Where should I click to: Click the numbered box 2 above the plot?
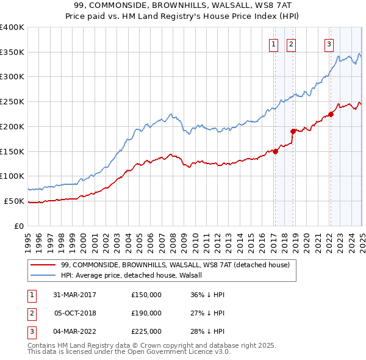[x=291, y=43]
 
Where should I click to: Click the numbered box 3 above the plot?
[x=329, y=43]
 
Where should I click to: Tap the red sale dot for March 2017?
[x=275, y=152]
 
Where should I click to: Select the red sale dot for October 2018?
[x=293, y=131]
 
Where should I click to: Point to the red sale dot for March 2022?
[x=331, y=114]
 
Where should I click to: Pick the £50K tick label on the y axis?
[x=14, y=201]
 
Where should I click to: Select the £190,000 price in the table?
[x=146, y=313]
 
